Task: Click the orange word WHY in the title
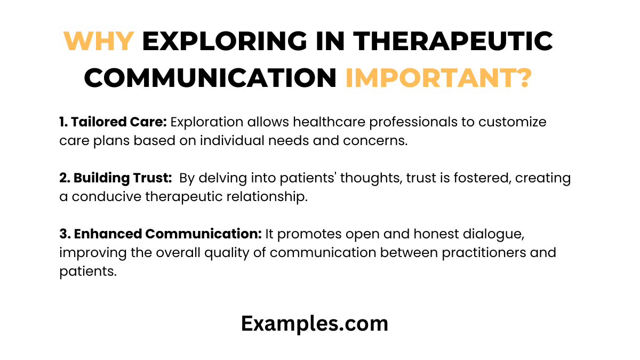pyautogui.click(x=99, y=42)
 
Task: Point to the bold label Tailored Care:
pyautogui.click(x=113, y=122)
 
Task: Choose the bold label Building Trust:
pyautogui.click(x=116, y=178)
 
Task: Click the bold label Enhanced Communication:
pyautogui.click(x=161, y=234)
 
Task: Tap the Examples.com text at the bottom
pyautogui.click(x=315, y=323)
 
